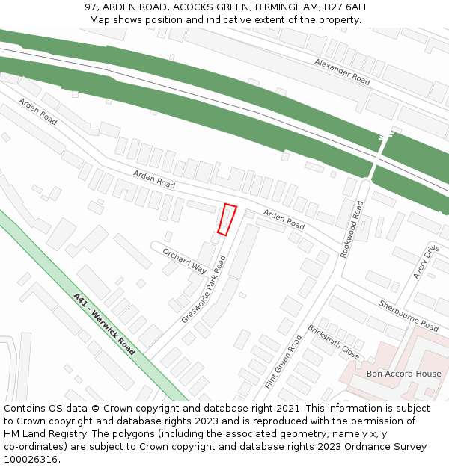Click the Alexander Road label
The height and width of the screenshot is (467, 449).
pyautogui.click(x=342, y=71)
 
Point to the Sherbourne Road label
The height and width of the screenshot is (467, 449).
pyautogui.click(x=409, y=316)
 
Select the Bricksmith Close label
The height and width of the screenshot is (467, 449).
pyautogui.click(x=334, y=341)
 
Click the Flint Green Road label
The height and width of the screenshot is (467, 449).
pyautogui.click(x=283, y=362)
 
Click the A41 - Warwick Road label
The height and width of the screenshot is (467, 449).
pyautogui.click(x=105, y=324)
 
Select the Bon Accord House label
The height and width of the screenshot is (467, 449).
pyautogui.click(x=403, y=374)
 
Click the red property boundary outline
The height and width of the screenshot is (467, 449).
pyautogui.click(x=227, y=220)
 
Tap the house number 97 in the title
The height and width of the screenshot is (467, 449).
pyautogui.click(x=91, y=7)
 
